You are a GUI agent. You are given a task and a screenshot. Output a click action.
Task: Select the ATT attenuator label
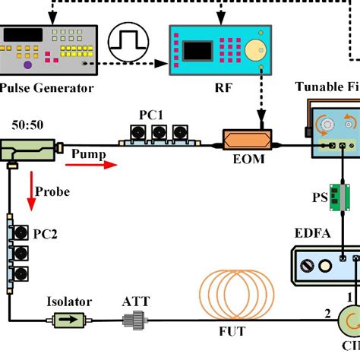click(x=137, y=302)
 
